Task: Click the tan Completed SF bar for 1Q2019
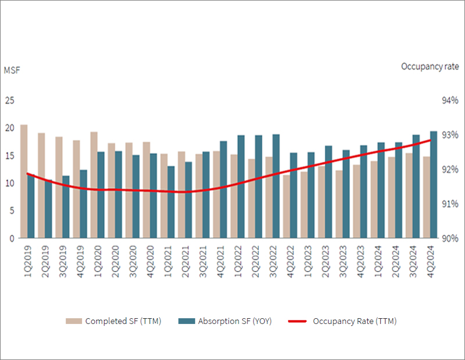coord(24,181)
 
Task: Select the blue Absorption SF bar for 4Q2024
coord(434,184)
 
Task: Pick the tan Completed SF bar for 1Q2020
coord(94,185)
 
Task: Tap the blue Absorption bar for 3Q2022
coord(276,186)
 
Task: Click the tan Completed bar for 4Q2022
coord(287,206)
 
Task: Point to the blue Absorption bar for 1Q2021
coord(171,202)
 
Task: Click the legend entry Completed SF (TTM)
coord(113,321)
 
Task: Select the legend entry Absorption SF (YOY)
coord(225,321)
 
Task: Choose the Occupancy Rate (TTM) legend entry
coord(342,321)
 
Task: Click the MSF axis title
coord(12,70)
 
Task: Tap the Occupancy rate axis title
coord(430,67)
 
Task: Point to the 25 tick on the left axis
coord(9,100)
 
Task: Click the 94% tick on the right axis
coord(450,100)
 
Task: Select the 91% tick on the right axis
coord(450,204)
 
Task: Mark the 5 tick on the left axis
coord(12,211)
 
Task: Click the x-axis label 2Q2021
coord(185,261)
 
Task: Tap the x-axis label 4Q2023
coord(360,261)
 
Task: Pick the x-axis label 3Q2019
coord(63,261)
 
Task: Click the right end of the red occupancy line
coord(430,140)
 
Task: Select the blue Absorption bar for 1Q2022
coord(241,186)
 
